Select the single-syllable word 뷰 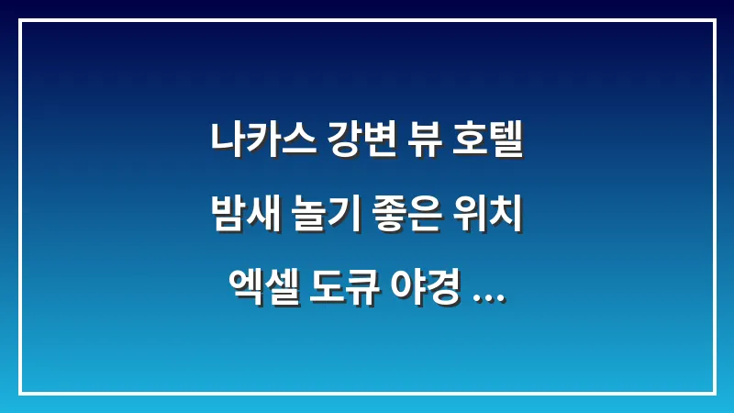click(x=421, y=143)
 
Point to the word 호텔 click(x=488, y=143)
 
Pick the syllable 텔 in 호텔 click(x=506, y=143)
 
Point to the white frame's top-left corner click(x=20, y=20)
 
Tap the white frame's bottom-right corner click(x=714, y=392)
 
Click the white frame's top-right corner click(x=714, y=20)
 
